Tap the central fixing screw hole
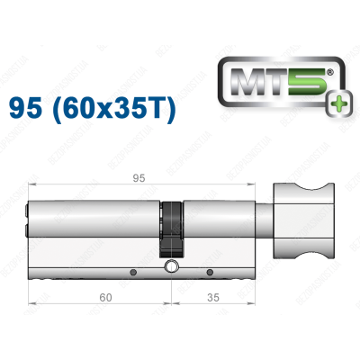coord(171,267)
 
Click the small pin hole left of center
coord(133,272)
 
